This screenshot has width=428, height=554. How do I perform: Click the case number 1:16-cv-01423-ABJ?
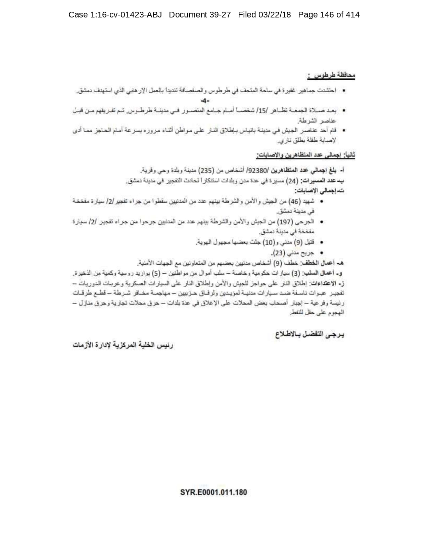click(115, 15)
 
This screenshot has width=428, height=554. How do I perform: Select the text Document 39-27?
click(200, 15)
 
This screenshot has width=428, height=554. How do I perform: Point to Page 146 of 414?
click(329, 15)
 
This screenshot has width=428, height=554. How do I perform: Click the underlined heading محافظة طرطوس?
click(331, 76)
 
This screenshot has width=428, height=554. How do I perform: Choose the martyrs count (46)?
click(294, 201)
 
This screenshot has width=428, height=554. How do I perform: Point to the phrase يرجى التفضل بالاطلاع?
click(310, 334)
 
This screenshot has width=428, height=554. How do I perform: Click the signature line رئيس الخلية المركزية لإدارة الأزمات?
click(123, 345)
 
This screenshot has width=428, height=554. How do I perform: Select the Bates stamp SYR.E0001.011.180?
click(213, 492)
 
